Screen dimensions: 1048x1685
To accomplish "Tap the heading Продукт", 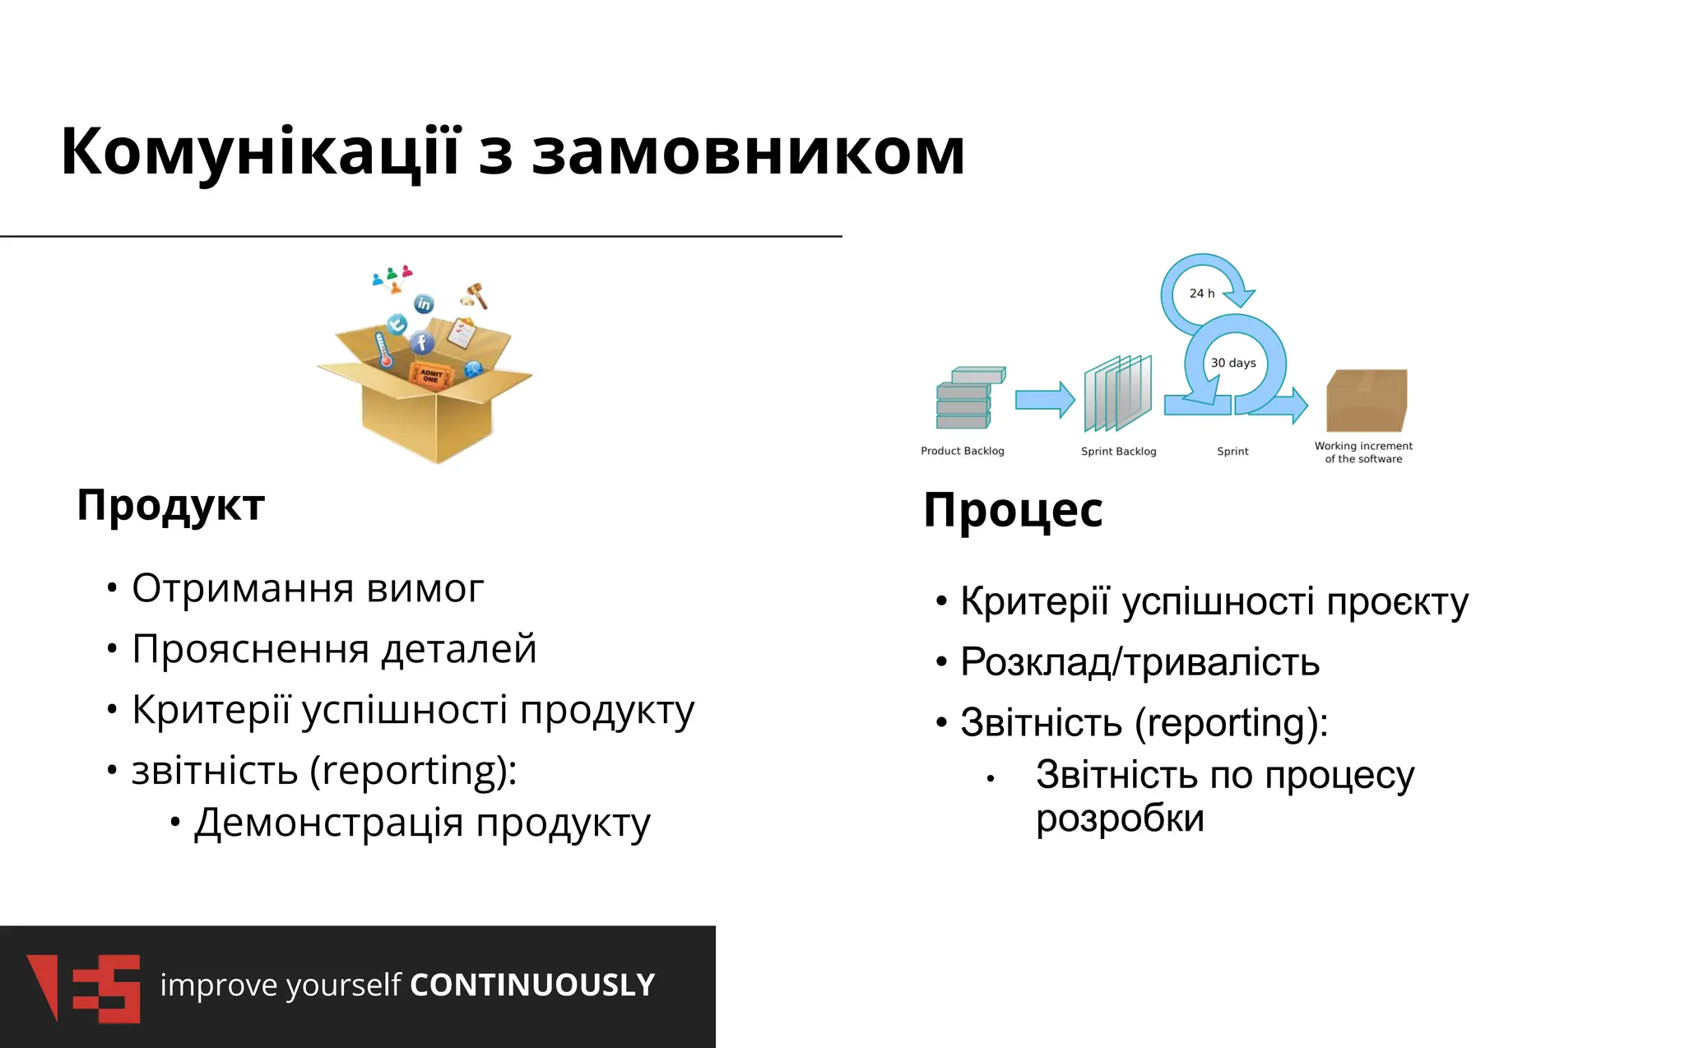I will click(170, 506).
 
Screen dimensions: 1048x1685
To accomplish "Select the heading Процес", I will click(1012, 511).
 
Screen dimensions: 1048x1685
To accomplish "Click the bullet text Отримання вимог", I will click(307, 589).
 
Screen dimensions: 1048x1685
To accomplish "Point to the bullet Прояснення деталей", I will click(333, 650).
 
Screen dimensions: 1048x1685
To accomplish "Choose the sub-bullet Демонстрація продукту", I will click(421, 823).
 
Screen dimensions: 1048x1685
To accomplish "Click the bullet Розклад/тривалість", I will click(1140, 663).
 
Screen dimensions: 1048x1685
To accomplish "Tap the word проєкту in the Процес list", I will click(1397, 602).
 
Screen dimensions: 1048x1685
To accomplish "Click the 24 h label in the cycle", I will click(1201, 294).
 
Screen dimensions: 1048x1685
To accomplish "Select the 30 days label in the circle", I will click(1232, 363).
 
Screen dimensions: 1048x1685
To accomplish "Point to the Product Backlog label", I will click(962, 451).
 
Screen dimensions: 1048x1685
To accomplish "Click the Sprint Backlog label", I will click(1118, 452).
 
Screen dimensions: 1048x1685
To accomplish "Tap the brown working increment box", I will click(1366, 401).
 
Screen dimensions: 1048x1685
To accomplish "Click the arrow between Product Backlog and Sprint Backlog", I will click(1044, 401).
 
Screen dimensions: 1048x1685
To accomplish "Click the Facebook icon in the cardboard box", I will click(422, 343).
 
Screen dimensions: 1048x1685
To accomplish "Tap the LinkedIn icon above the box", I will click(424, 304).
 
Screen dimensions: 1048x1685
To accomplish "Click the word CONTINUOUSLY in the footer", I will click(532, 985).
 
